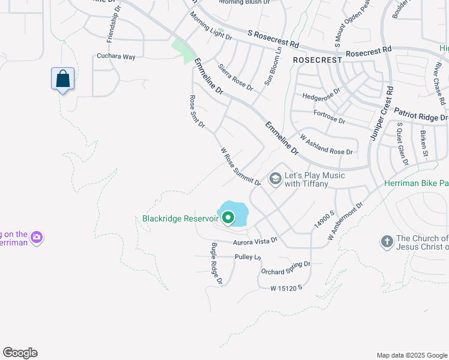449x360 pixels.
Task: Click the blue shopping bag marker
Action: [x=63, y=79]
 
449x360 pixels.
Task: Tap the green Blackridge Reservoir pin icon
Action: [x=228, y=217]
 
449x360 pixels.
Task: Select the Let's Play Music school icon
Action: [x=276, y=179]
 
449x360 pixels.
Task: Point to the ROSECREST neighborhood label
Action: [x=317, y=60]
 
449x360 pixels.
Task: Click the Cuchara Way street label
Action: [x=116, y=56]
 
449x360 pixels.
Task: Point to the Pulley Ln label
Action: [x=249, y=256]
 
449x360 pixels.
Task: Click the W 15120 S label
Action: [x=286, y=288]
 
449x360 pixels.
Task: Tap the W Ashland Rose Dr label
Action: [x=327, y=145]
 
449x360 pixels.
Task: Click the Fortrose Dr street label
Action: [x=329, y=116]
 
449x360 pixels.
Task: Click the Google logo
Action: [x=20, y=353]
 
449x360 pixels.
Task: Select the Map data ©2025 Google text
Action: [x=411, y=355]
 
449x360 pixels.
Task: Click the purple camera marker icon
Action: [x=37, y=238]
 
